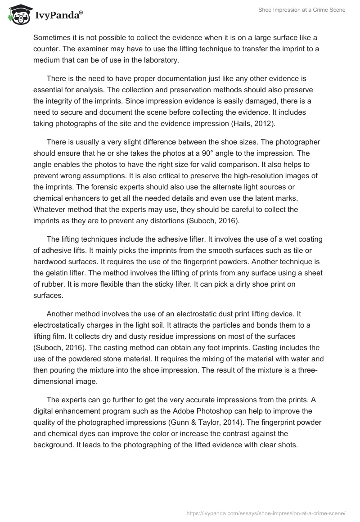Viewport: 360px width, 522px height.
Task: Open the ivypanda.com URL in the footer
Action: click(x=265, y=513)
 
